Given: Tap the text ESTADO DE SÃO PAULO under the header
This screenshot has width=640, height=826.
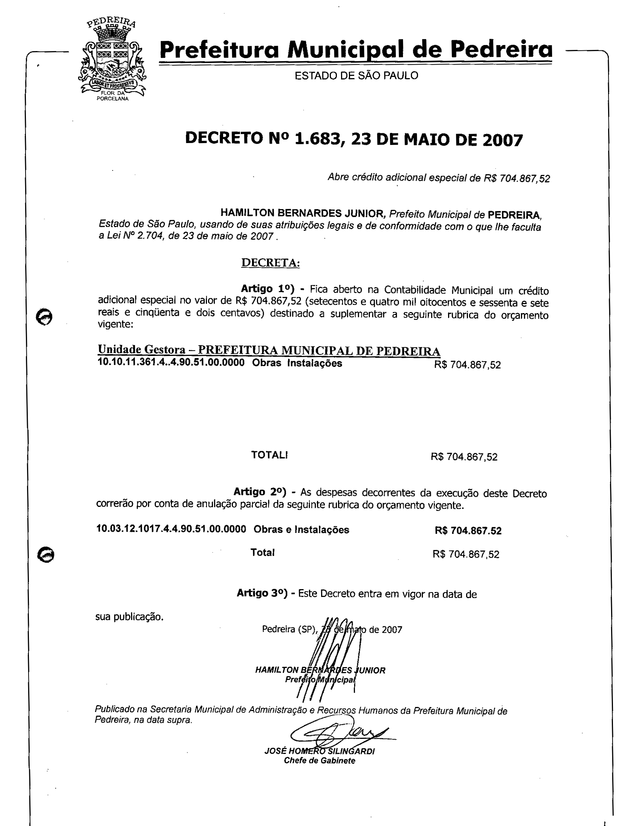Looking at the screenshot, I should point(356,75).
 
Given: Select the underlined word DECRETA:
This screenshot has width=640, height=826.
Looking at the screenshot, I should point(270,262).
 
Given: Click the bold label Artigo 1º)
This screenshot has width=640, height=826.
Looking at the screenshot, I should point(267,289).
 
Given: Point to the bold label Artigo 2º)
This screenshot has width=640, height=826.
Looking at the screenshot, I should point(260,492).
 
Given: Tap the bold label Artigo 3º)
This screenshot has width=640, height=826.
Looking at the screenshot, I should point(262,593).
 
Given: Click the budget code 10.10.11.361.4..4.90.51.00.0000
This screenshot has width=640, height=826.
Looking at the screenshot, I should point(171,363).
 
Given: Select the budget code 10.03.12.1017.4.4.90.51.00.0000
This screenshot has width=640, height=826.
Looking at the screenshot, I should point(171,529).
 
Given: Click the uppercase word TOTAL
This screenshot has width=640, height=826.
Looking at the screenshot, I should point(269,455).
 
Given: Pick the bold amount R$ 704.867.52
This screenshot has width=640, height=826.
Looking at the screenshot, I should point(468,531).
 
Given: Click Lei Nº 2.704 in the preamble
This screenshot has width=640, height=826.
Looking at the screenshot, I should point(136,236).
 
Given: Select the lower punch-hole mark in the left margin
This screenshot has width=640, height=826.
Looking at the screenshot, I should point(46,555).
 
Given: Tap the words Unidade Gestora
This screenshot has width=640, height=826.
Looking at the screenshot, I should point(142,349).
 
